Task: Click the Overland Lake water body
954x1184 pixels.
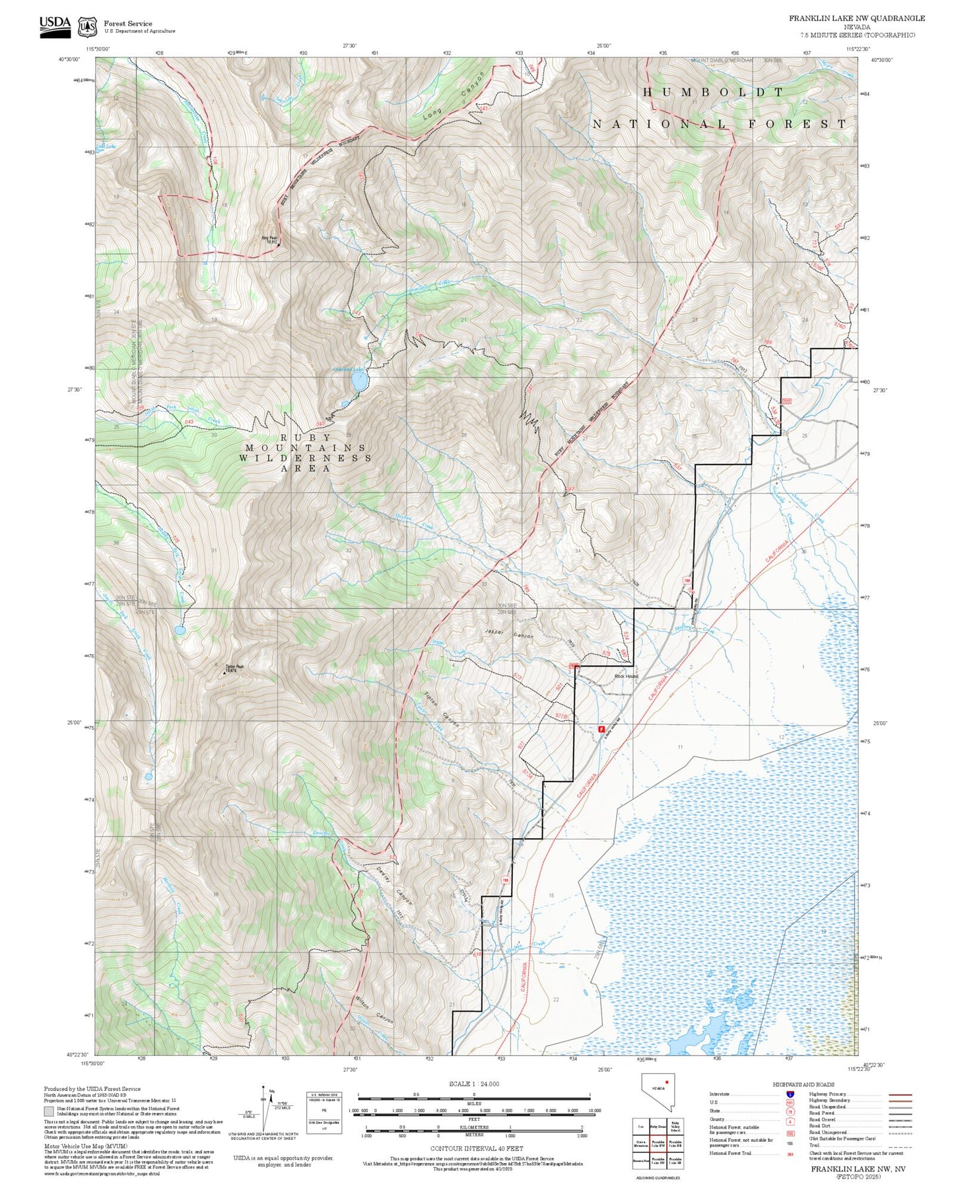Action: pos(358,381)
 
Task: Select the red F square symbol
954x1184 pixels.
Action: pos(601,729)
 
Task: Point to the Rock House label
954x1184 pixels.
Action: pos(627,676)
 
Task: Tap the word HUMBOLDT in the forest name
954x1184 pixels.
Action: pos(714,92)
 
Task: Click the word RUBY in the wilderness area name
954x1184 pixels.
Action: pos(297,438)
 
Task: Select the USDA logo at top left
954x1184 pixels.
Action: pos(55,26)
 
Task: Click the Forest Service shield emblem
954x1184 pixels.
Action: pos(87,26)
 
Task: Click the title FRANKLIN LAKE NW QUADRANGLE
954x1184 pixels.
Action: pos(856,18)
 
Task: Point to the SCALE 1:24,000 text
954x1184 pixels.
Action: pos(473,1084)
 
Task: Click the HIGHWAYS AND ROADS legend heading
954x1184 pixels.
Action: pos(803,1084)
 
